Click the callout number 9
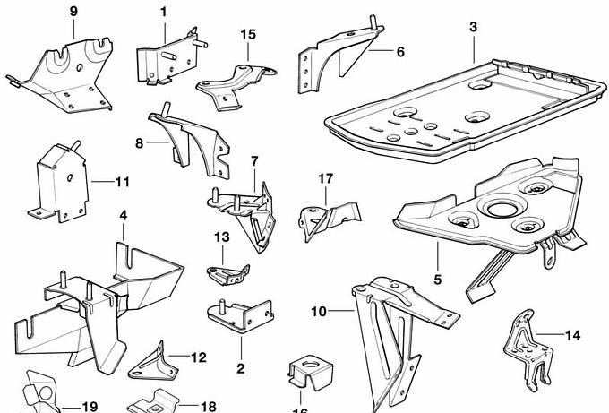pos(73,11)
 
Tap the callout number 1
pos(164,12)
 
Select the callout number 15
pos(248,34)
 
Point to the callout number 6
pos(399,52)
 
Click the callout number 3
pos(473,27)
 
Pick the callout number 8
pos(140,142)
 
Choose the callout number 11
pos(123,182)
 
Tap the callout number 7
pos(254,161)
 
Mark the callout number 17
pos(325,178)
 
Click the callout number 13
pos(222,237)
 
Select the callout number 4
pos(124,215)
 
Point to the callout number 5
pos(438,280)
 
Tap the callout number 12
pos(198,357)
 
